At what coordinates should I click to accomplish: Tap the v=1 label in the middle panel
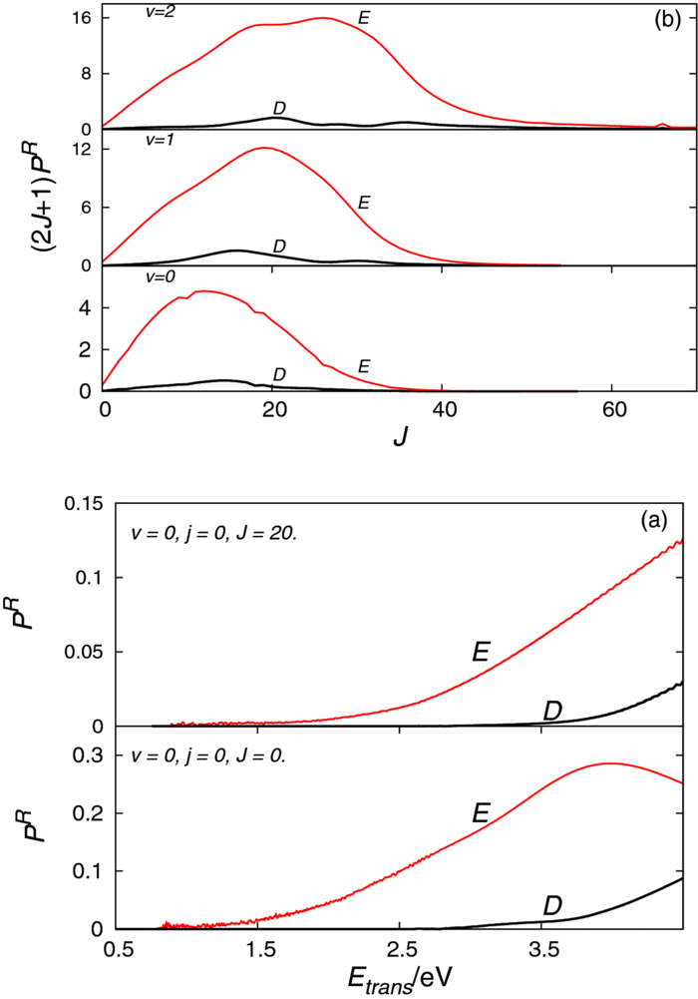pyautogui.click(x=133, y=142)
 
